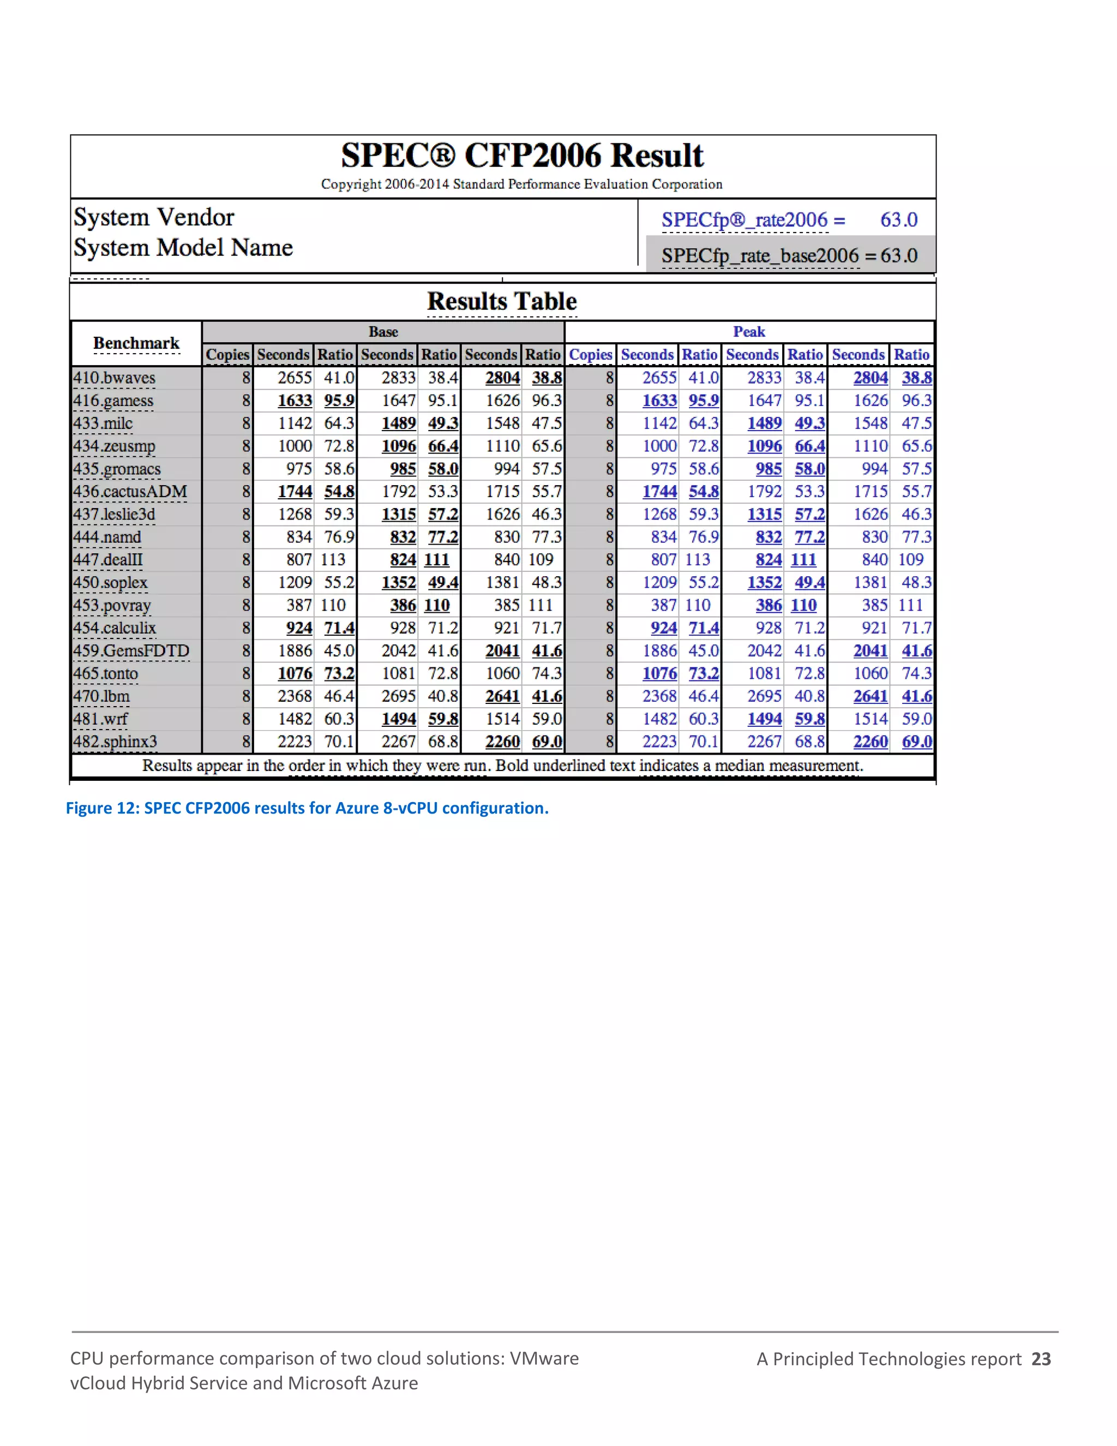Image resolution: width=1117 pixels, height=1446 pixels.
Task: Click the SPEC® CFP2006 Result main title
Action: (521, 156)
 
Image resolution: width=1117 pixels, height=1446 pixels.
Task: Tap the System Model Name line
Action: (183, 248)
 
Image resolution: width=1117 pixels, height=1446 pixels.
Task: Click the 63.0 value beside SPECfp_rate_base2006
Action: (899, 255)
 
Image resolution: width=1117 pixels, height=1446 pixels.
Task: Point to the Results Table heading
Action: (502, 301)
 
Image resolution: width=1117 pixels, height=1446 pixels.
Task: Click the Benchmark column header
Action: (136, 343)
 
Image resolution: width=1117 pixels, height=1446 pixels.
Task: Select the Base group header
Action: (383, 332)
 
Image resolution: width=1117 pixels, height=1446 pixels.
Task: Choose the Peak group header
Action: (748, 332)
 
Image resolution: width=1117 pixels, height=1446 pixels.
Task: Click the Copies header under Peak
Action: (590, 355)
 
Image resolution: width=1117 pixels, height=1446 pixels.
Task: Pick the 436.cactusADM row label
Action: (130, 491)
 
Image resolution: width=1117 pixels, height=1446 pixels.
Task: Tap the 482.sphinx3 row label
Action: (115, 742)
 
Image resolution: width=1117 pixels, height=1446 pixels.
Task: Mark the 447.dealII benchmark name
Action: (108, 559)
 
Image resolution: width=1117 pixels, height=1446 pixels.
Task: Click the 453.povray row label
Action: (112, 605)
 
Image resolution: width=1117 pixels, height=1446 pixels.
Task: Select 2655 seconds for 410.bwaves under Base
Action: (295, 378)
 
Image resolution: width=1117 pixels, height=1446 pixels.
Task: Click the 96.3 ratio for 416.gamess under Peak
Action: (916, 401)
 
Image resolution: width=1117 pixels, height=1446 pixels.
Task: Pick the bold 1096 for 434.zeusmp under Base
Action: (398, 446)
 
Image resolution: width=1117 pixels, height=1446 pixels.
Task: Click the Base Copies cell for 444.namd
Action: (246, 537)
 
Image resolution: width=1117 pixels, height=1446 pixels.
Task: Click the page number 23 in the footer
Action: (1041, 1359)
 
